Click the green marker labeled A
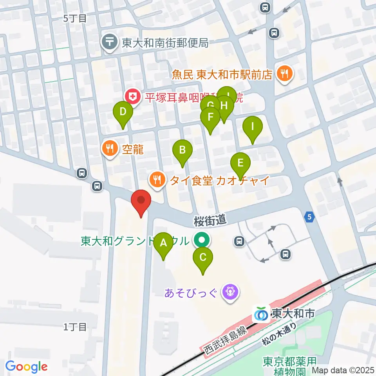[163, 246]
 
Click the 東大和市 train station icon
[261, 314]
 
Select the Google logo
[26, 367]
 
